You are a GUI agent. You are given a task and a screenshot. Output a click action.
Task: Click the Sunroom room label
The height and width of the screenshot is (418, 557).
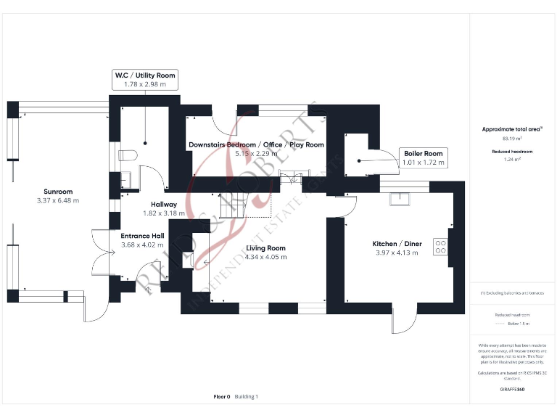[57, 192]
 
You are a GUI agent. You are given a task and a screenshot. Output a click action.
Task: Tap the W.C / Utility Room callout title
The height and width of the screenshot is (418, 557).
[145, 75]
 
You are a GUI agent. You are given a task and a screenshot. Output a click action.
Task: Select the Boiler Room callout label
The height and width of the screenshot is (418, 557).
[423, 154]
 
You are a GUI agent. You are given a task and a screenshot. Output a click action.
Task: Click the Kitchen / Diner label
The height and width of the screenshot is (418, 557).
[397, 244]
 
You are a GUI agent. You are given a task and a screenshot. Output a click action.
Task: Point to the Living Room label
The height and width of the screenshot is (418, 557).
[265, 248]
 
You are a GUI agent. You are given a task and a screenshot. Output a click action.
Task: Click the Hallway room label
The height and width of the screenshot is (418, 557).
[159, 205]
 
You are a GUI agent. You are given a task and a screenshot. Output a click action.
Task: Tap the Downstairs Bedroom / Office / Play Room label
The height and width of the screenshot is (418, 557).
[256, 145]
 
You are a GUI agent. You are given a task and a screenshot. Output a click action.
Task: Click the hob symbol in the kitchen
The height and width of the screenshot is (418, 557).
[440, 247]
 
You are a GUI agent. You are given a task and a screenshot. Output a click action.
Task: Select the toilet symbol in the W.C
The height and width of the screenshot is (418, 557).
[127, 155]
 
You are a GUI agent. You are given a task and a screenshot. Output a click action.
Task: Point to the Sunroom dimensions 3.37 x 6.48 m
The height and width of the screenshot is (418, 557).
[57, 201]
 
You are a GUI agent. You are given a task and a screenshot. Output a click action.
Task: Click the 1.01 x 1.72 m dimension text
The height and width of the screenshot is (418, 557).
[423, 163]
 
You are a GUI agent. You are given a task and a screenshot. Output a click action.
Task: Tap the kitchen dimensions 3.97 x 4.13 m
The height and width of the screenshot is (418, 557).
[397, 253]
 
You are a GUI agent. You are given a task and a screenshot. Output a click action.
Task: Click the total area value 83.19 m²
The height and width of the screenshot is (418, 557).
[512, 138]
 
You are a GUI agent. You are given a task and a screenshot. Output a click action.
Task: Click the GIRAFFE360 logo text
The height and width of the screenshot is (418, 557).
[512, 390]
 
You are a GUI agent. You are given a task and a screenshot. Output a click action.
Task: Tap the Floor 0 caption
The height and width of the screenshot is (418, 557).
[222, 397]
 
